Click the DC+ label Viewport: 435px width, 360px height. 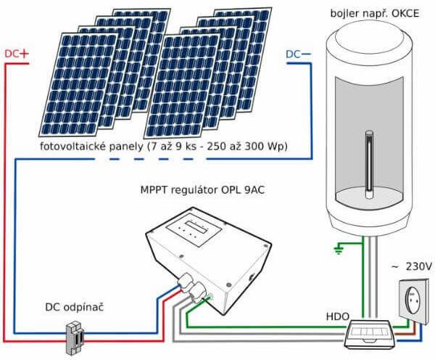click(16, 54)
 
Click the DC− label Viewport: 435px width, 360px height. click(298, 54)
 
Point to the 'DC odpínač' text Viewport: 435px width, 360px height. click(65, 308)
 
